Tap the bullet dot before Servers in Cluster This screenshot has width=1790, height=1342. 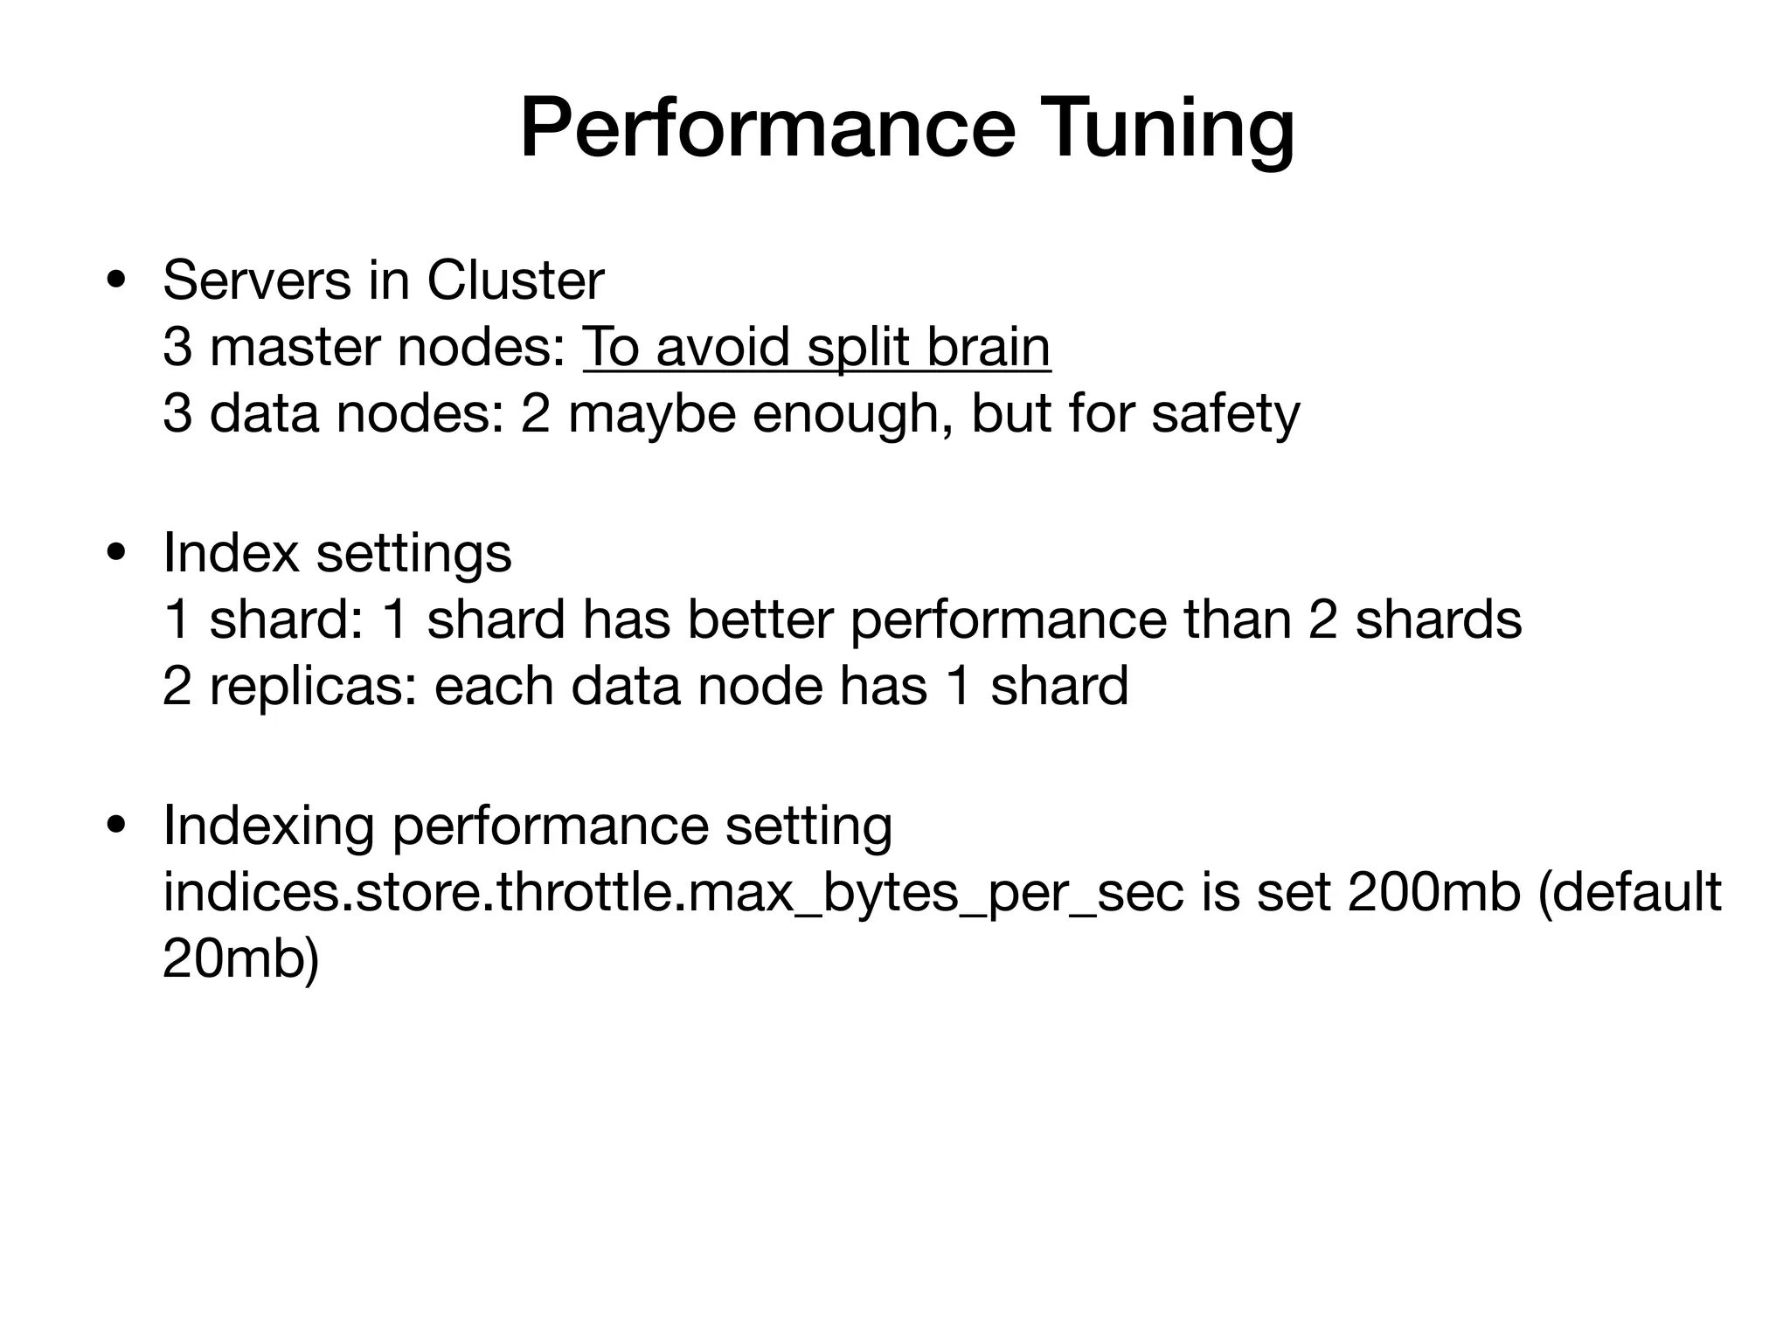pos(114,281)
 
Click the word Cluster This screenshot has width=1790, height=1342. pos(515,281)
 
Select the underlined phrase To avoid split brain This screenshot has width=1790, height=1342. pos(816,347)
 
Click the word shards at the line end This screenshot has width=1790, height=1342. pos(1439,619)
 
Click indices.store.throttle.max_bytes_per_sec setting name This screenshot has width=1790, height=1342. pos(673,893)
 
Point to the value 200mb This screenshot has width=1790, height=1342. pos(1433,893)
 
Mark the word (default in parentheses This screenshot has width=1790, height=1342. pos(1629,893)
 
